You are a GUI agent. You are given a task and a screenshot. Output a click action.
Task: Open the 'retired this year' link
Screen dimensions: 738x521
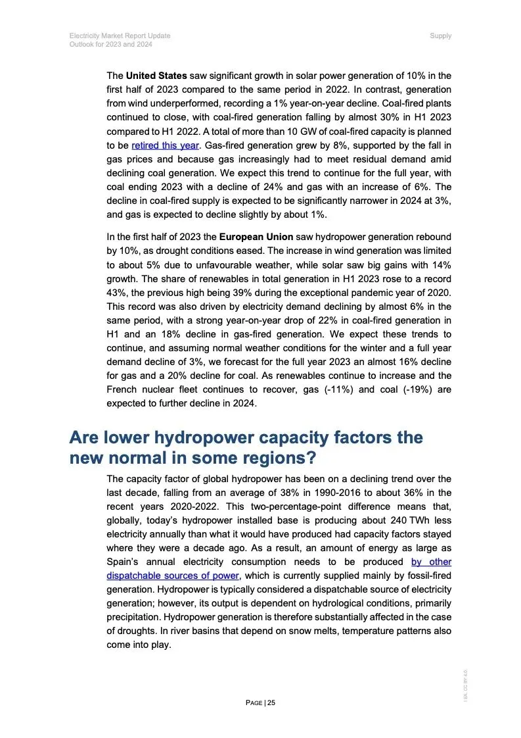[x=165, y=145]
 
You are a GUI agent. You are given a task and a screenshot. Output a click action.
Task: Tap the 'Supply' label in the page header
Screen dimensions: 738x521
[x=440, y=36]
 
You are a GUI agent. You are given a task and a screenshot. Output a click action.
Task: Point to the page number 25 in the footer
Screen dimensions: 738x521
[x=271, y=702]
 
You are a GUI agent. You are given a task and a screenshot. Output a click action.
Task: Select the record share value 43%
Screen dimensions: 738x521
[x=116, y=292]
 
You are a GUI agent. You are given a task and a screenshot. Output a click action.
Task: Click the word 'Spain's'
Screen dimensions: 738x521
[x=125, y=562]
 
